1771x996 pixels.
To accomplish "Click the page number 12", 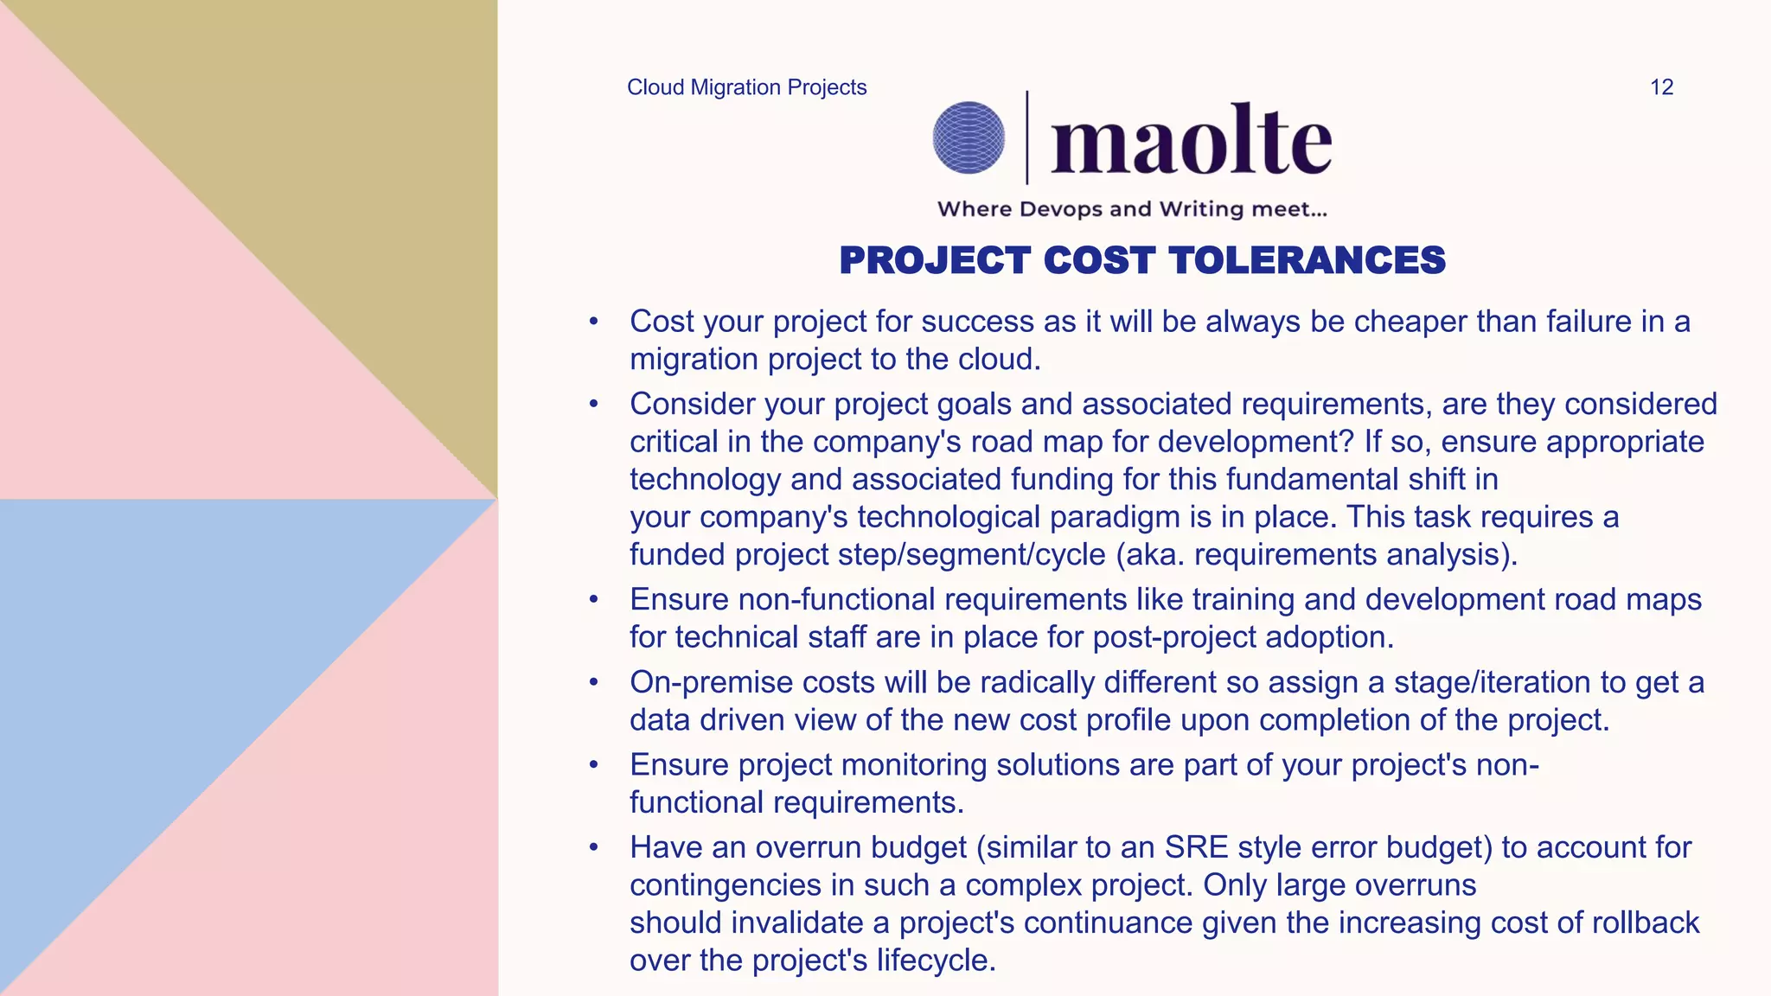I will click(1661, 87).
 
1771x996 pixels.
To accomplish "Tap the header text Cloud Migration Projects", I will click(746, 87).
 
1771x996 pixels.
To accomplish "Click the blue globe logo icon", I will click(969, 137).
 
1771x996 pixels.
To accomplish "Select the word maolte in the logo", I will click(1191, 140).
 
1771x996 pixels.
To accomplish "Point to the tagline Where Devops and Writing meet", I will click(1131, 209).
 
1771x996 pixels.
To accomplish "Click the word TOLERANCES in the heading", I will click(1307, 260).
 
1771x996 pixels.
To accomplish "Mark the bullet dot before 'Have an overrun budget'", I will click(593, 847).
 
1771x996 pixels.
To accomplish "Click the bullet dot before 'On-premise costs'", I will click(593, 682).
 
